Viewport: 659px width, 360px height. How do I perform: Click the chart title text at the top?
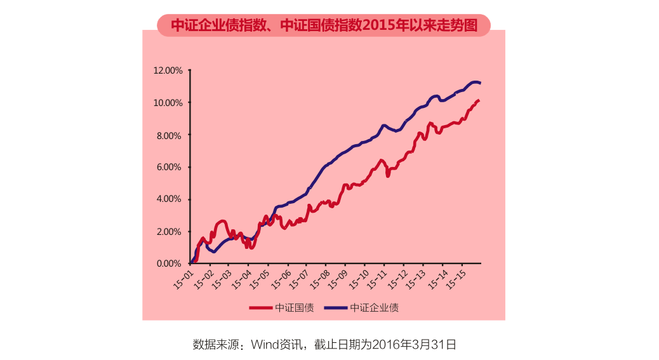(x=324, y=25)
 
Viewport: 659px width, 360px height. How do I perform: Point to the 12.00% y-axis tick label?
(x=168, y=70)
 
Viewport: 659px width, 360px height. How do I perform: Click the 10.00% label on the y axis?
(x=168, y=103)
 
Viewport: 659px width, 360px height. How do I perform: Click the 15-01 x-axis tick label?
(x=183, y=279)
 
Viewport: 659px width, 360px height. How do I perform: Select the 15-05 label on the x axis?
(x=260, y=279)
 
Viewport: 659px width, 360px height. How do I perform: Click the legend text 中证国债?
(x=294, y=308)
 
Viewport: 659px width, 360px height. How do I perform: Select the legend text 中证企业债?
(x=375, y=308)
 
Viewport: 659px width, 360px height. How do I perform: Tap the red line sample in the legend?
(x=260, y=308)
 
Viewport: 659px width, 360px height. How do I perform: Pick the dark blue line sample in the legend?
(x=336, y=308)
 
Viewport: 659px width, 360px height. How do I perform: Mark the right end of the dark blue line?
(x=480, y=83)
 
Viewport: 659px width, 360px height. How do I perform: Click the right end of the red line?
(x=479, y=101)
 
